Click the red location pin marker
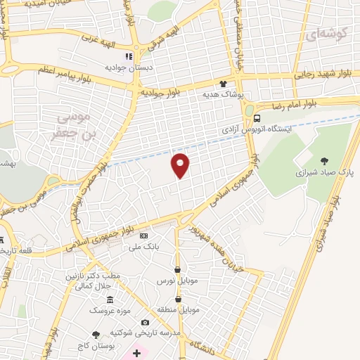coord(181,165)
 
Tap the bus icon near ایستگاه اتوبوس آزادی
coord(258,118)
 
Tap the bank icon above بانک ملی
coord(145,236)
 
